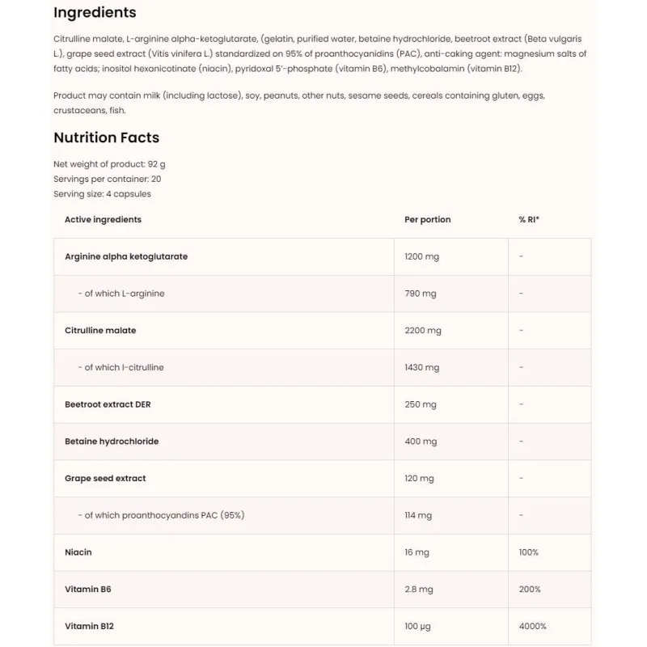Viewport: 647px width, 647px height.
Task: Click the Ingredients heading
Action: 95,13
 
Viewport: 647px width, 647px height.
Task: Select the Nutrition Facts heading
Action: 106,137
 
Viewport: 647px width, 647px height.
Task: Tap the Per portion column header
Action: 427,220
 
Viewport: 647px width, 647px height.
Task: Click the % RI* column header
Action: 529,220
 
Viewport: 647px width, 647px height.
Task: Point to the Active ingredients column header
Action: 103,220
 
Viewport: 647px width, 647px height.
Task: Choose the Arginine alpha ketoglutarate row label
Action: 126,256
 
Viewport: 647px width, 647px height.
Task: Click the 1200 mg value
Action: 421,256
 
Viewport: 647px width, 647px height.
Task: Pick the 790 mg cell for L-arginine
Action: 420,294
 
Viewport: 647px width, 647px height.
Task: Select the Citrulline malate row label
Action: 100,331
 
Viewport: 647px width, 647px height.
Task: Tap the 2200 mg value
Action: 422,331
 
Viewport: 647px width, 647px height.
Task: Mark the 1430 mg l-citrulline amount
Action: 421,367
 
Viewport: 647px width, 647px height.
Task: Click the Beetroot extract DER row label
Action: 107,404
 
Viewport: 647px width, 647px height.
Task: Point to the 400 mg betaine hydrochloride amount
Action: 420,442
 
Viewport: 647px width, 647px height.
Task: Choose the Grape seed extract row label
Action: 105,479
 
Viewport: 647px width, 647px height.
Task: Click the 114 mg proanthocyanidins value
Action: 418,515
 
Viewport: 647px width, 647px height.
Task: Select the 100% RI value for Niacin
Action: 528,552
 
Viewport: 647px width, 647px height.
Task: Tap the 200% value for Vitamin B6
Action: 530,590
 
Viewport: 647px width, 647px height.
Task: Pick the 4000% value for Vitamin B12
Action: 532,626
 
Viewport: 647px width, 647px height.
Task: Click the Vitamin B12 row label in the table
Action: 88,626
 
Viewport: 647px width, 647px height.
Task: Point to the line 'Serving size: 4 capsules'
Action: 102,194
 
